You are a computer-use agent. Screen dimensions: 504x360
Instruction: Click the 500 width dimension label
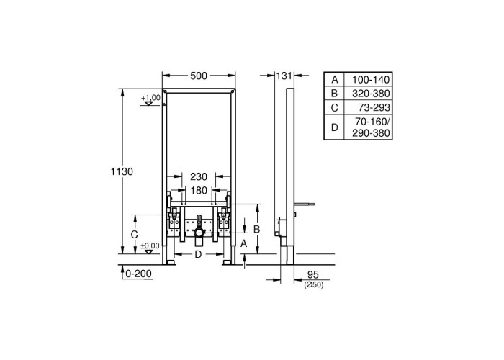(x=199, y=76)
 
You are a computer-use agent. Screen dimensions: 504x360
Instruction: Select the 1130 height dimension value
(x=122, y=171)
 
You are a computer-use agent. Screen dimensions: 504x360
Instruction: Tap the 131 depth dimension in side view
(x=284, y=76)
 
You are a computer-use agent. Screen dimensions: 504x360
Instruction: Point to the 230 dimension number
(x=199, y=176)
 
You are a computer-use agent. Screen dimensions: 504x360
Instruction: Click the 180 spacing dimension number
(x=199, y=191)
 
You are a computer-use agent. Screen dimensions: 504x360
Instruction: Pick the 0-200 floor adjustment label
(x=138, y=274)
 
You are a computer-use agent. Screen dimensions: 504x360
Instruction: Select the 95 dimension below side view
(x=312, y=274)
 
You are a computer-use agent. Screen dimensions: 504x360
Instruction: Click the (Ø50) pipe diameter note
(x=314, y=285)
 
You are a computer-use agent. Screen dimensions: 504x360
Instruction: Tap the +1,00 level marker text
(x=150, y=98)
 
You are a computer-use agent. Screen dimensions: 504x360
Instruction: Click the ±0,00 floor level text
(x=150, y=246)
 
